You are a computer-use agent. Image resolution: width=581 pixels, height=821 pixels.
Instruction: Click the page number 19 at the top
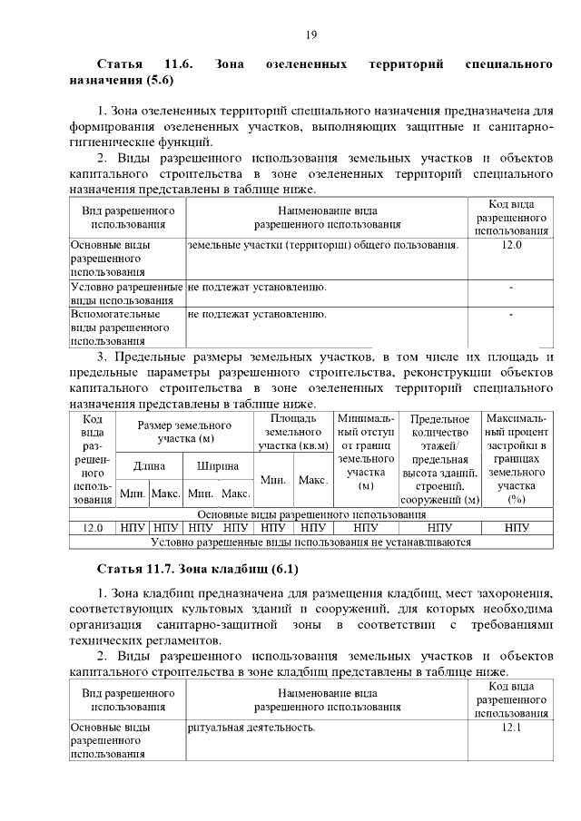point(310,34)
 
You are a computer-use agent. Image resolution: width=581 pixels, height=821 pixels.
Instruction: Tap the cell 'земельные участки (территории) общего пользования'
point(322,245)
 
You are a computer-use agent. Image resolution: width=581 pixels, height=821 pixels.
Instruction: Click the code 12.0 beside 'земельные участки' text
point(511,245)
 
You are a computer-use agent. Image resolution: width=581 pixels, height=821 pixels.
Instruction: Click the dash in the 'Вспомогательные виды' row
point(511,315)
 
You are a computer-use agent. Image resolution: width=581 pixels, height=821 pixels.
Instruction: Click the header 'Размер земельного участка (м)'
point(183,432)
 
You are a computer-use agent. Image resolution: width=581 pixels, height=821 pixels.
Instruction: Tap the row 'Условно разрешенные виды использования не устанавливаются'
point(310,542)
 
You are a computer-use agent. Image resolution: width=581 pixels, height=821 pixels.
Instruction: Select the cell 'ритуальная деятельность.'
point(251,728)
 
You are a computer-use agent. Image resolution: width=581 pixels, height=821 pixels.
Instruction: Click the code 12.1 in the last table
point(511,728)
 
